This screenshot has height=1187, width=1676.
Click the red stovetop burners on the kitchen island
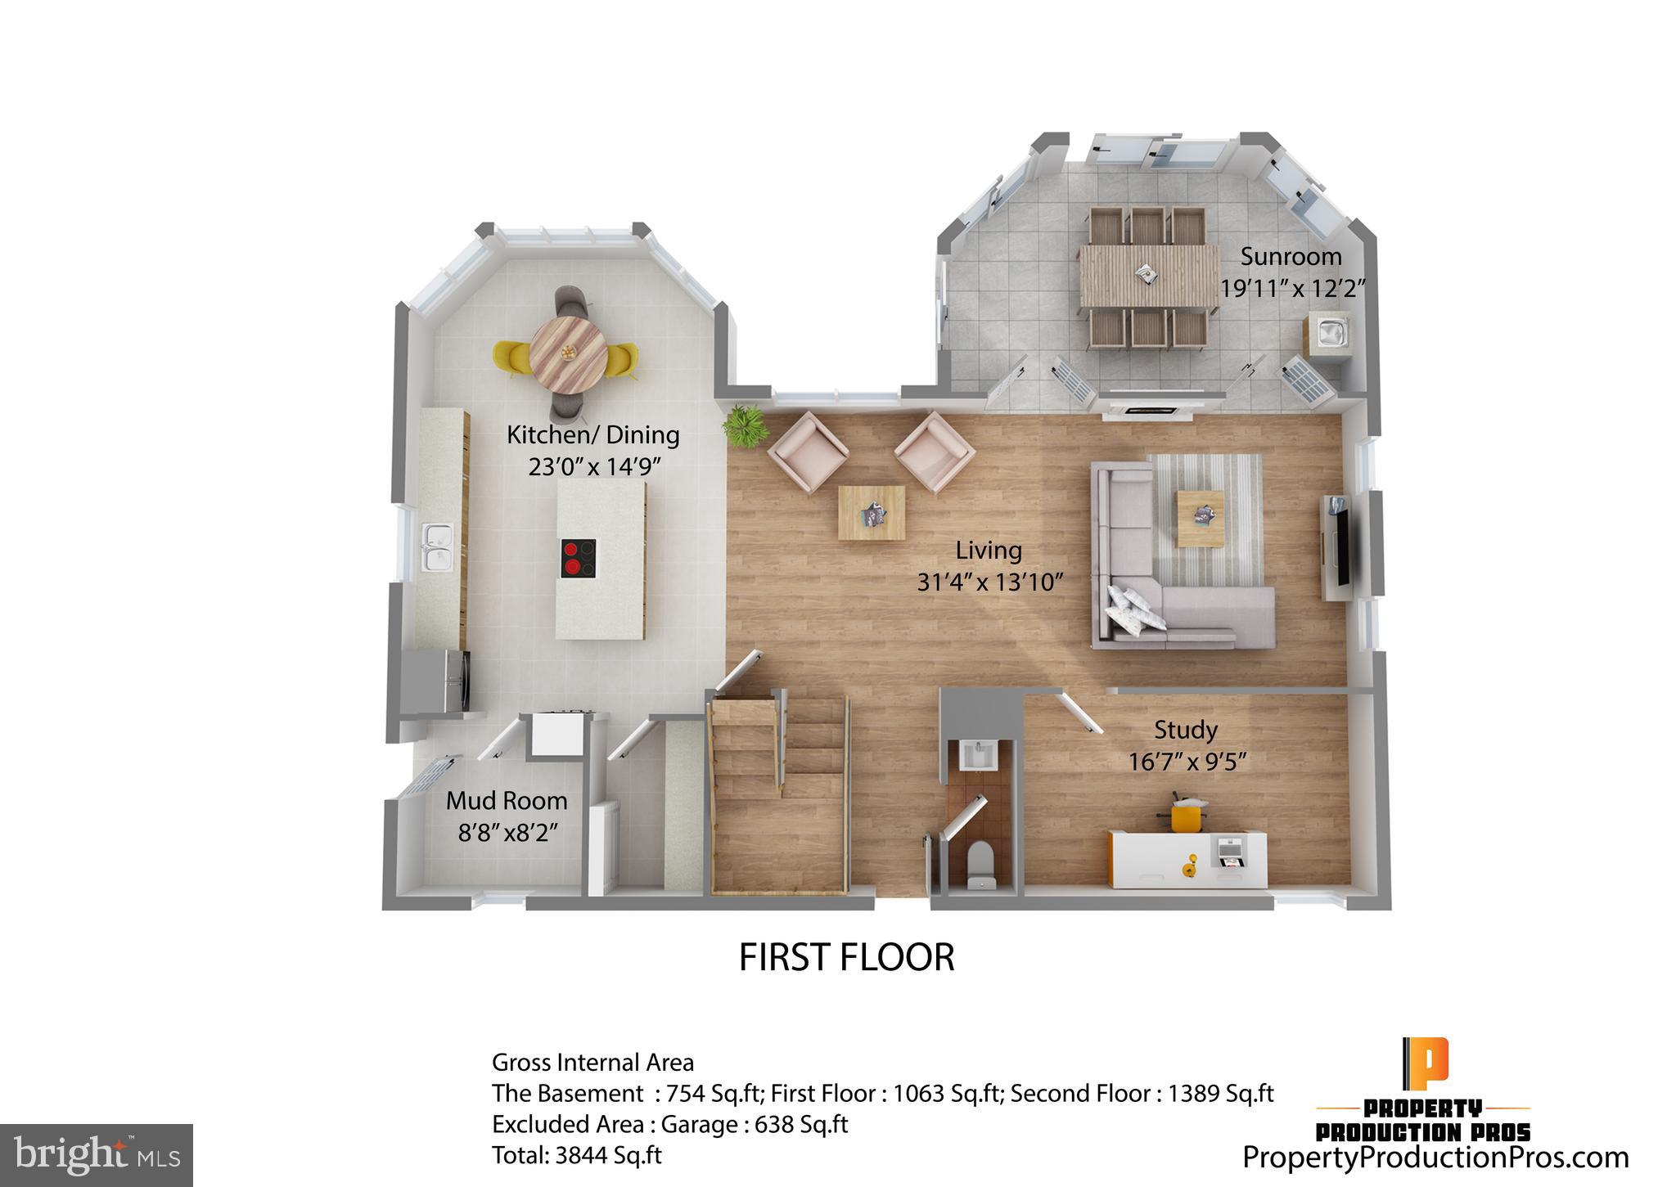[579, 559]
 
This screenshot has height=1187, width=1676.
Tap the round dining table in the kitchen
[568, 353]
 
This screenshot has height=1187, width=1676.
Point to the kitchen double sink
[437, 547]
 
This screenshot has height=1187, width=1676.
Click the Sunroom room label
[1291, 257]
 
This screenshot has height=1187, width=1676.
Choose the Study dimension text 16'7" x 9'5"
[1187, 762]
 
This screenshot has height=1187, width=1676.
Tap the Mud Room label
[506, 800]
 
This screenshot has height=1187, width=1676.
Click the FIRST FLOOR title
[846, 957]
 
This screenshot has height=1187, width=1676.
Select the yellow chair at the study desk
[1185, 816]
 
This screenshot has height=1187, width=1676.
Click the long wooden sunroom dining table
[1148, 276]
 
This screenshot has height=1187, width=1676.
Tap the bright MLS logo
[97, 1154]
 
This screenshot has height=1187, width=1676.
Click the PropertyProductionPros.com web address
[1435, 1158]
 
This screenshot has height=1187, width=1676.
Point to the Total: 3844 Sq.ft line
[576, 1155]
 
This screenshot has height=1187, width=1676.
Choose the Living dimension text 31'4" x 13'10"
[989, 582]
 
